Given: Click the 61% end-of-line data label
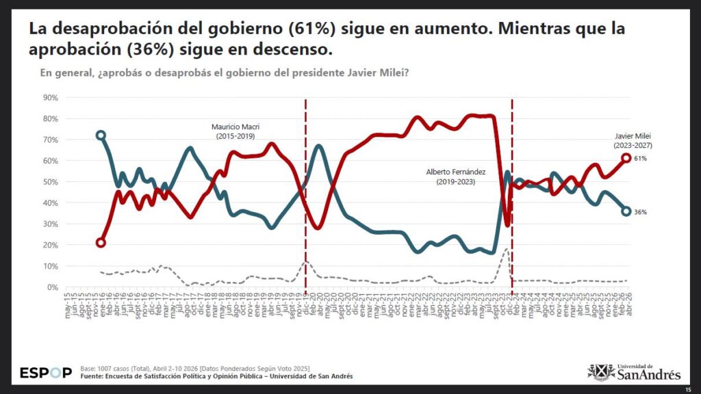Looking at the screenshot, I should point(641,159).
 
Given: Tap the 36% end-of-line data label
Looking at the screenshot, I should point(641,212).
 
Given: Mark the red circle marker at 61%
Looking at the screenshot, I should point(626,158).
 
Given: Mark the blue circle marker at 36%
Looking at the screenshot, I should point(626,211).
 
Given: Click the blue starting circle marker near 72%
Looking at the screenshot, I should point(101,135).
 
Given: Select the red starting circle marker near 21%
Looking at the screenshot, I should point(101,243).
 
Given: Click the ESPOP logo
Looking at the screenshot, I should point(45,373).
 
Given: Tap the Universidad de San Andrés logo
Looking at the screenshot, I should point(635,372).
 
